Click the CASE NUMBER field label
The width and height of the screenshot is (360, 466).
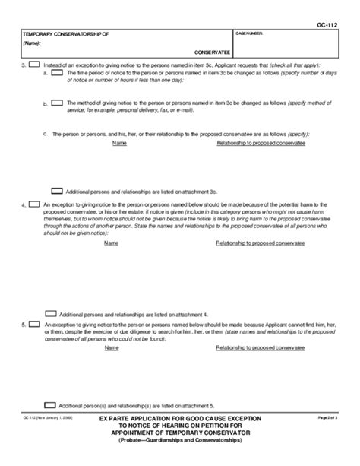[x=251, y=34]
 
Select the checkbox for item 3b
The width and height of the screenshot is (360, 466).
[x=57, y=102]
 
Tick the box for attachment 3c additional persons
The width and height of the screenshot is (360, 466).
[x=56, y=190]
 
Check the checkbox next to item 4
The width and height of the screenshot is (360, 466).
[x=35, y=204]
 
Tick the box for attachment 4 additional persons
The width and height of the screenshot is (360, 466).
[x=51, y=313]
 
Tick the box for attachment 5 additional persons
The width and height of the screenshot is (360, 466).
[x=51, y=405]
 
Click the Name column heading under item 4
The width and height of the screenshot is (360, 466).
[x=111, y=243]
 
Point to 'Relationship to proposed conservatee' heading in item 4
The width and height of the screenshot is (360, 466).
[x=261, y=243]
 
